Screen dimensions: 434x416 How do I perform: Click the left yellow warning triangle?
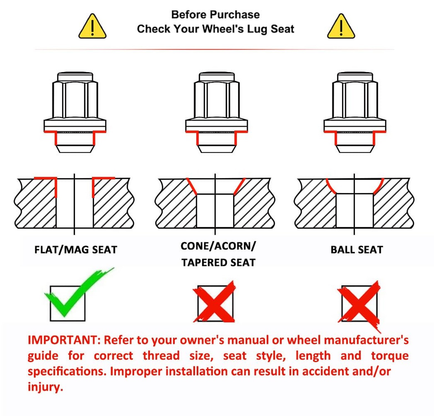pos(92,26)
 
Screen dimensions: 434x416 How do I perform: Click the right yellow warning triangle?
pos(341,26)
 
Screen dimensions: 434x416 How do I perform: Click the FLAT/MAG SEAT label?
pos(76,250)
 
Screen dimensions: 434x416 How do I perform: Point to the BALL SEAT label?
pos(357,250)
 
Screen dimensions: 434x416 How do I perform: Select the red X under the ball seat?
pos(359,304)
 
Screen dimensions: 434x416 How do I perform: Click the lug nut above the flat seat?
pos(75,112)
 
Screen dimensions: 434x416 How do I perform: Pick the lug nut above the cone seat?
pos(217,112)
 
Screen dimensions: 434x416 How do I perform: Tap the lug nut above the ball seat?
pos(355,112)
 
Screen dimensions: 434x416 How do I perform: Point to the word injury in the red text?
pos(45,387)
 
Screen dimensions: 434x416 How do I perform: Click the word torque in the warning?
pos(390,356)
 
